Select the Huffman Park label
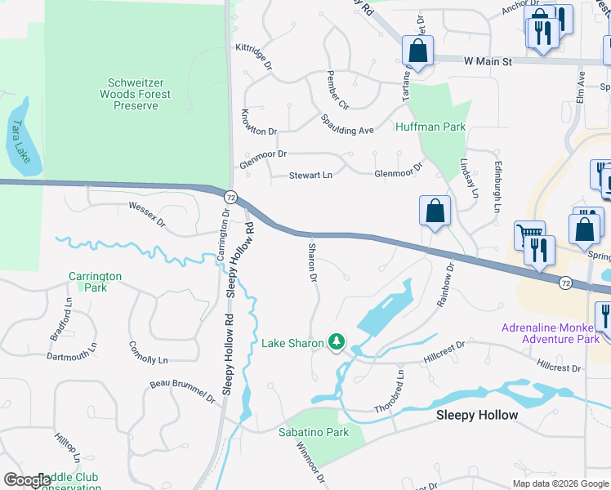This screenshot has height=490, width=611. pyautogui.click(x=430, y=127)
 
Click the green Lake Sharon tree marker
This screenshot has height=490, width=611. pyautogui.click(x=335, y=342)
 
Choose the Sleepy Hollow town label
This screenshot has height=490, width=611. pyautogui.click(x=477, y=415)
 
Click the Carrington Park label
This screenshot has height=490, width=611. pyautogui.click(x=95, y=282)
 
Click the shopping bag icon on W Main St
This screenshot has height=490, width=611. pyautogui.click(x=418, y=51)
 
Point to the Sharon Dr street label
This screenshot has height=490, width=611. pyautogui.click(x=311, y=262)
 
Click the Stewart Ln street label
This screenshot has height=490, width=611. pyautogui.click(x=311, y=176)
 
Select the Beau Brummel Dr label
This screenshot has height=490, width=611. pyautogui.click(x=182, y=392)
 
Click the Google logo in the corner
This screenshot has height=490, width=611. pyautogui.click(x=28, y=480)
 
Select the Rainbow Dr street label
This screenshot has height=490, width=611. pyautogui.click(x=444, y=284)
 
